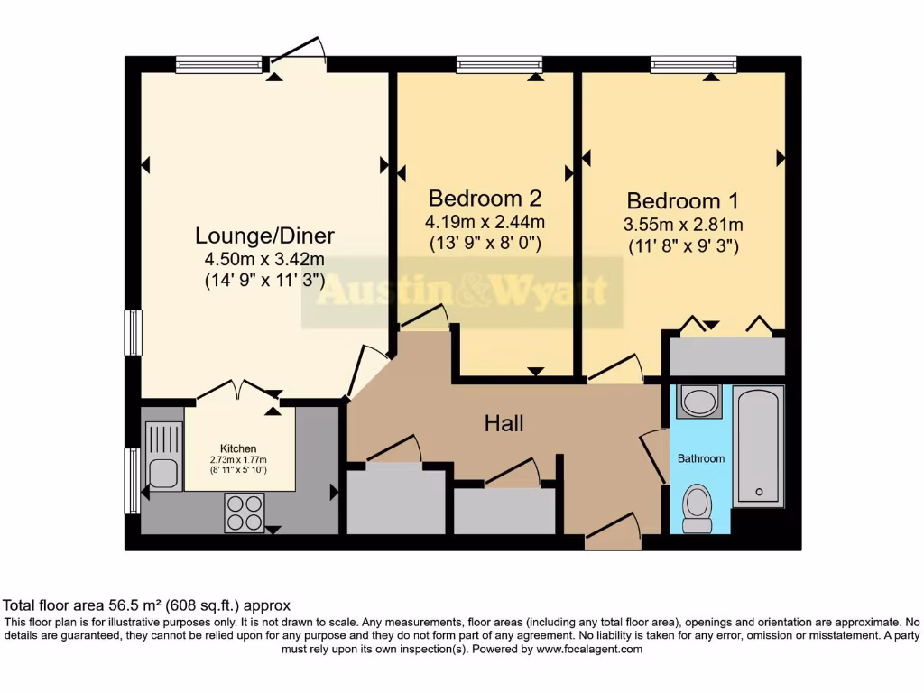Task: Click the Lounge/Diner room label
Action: [264, 236]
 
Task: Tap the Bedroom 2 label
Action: [485, 198]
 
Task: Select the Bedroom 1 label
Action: [684, 200]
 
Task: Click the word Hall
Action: [504, 422]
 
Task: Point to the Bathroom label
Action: [701, 458]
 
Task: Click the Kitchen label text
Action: [238, 448]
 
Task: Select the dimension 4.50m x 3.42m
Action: [264, 259]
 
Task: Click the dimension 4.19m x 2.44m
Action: [485, 221]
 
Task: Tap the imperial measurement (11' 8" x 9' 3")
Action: [684, 245]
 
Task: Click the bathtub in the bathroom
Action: [758, 445]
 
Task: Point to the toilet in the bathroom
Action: [698, 509]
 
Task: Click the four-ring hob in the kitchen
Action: [244, 513]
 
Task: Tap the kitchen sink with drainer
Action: [163, 457]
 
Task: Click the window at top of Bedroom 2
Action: [499, 64]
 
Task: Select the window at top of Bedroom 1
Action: [693, 64]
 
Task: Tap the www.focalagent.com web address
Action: [588, 649]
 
